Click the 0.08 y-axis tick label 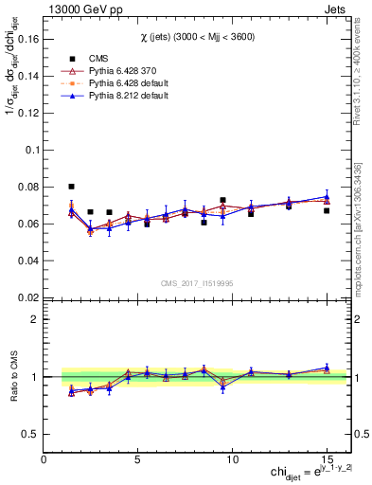[28, 188]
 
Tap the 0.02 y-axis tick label [28, 297]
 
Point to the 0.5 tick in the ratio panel [30, 434]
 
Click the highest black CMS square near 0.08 [72, 187]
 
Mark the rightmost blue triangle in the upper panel [327, 196]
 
